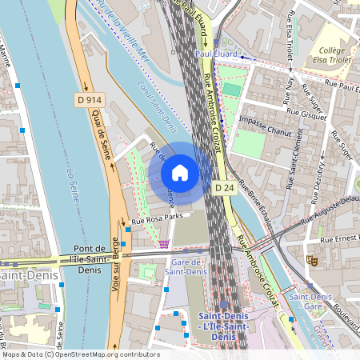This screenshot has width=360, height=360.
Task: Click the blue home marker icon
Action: pyautogui.click(x=180, y=172)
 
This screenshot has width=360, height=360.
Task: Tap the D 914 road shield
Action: pyautogui.click(x=90, y=99)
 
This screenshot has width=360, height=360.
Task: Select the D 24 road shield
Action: pyautogui.click(x=223, y=187)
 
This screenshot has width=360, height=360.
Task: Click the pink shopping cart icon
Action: pyautogui.click(x=164, y=243)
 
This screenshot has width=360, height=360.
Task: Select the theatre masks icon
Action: pyautogui.click(x=312, y=260)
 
